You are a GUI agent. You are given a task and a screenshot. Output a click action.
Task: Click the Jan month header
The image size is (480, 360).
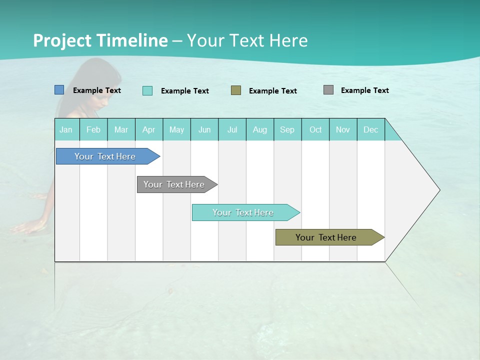tap(66, 129)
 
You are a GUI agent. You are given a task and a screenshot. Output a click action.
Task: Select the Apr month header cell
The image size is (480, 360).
tap(149, 129)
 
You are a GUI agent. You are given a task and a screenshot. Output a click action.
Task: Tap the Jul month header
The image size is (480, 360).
tap(232, 129)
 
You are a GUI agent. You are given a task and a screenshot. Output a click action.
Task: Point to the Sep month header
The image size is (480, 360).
tap(287, 129)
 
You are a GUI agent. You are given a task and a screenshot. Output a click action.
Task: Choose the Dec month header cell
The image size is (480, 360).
tap(370, 129)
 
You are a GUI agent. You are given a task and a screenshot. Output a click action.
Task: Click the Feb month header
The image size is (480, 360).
tap(93, 129)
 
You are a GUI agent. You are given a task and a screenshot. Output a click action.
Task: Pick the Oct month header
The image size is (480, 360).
tap(315, 129)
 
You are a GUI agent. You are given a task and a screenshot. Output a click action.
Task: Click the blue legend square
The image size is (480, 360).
tap(59, 90)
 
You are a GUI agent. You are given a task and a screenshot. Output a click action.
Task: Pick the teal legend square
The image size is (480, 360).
tap(147, 90)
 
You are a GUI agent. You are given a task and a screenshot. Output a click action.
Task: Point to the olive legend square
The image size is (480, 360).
tap(236, 90)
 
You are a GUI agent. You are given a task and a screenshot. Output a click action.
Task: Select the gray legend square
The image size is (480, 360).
tap(328, 90)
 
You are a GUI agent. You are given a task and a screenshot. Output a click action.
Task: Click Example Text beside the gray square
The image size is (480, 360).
tap(364, 90)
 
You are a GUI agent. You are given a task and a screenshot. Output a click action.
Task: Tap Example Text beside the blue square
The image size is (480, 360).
tap(97, 90)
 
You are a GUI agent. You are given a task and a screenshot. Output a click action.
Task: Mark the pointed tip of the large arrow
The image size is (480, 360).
tap(439, 190)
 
